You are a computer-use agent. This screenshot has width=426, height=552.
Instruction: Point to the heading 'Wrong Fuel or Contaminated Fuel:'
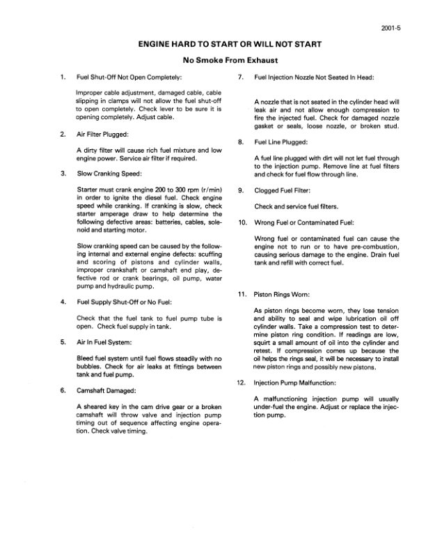305,223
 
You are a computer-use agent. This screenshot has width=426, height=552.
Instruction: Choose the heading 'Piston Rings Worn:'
283,294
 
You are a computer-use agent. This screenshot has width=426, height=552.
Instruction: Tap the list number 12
241,383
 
